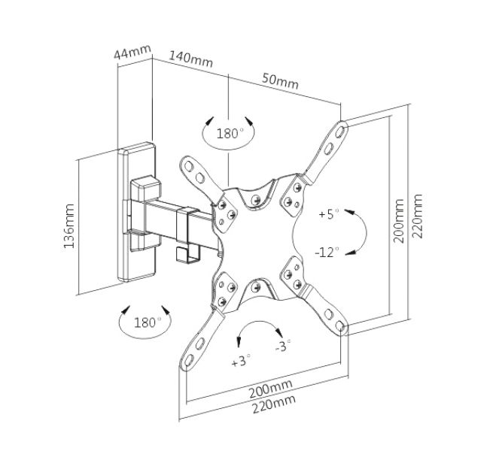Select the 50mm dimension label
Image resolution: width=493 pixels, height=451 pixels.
coord(280,79)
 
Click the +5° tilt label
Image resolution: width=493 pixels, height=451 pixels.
coord(329,214)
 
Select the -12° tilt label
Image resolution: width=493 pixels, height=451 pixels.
coord(327,250)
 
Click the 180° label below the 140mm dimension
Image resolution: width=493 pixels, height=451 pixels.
coord(230,134)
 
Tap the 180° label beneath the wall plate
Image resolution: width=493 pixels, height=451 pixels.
coord(148,322)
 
